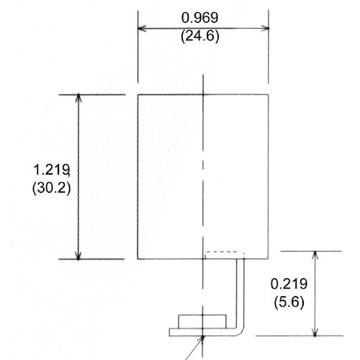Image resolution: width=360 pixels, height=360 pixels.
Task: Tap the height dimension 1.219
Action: (50, 171)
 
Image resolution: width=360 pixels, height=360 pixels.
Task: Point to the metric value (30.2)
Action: (50, 189)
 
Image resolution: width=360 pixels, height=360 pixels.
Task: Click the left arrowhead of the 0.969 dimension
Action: (141, 29)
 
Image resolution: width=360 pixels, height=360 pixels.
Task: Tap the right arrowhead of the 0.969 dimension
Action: (266, 29)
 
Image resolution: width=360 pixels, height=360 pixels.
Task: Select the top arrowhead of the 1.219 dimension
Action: (78, 98)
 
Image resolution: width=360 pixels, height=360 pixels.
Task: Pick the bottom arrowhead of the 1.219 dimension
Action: (78, 255)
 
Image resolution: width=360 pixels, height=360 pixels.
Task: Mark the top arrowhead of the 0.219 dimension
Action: (314, 255)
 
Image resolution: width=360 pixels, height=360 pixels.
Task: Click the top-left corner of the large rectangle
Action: (138, 94)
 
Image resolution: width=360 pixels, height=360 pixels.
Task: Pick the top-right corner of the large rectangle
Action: (269, 94)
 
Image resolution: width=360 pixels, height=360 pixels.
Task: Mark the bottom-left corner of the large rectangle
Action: (138, 258)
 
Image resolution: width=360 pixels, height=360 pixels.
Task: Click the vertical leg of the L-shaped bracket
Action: (240, 292)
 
